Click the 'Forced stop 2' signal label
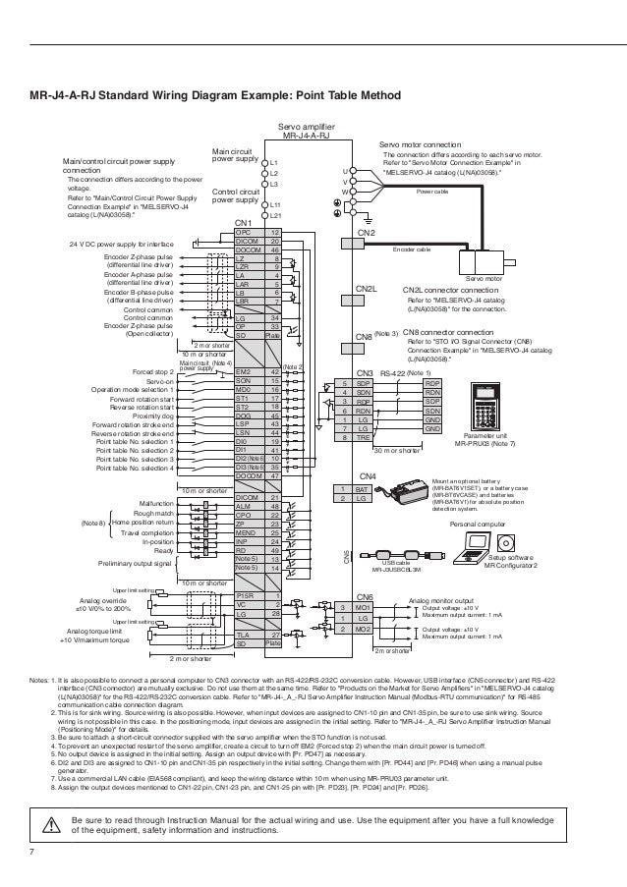(x=153, y=373)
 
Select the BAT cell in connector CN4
(x=361, y=488)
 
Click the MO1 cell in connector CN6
(x=362, y=609)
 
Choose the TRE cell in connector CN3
(x=362, y=437)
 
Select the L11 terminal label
(x=277, y=204)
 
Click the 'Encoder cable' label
(x=412, y=249)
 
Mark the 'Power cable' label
(x=432, y=191)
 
